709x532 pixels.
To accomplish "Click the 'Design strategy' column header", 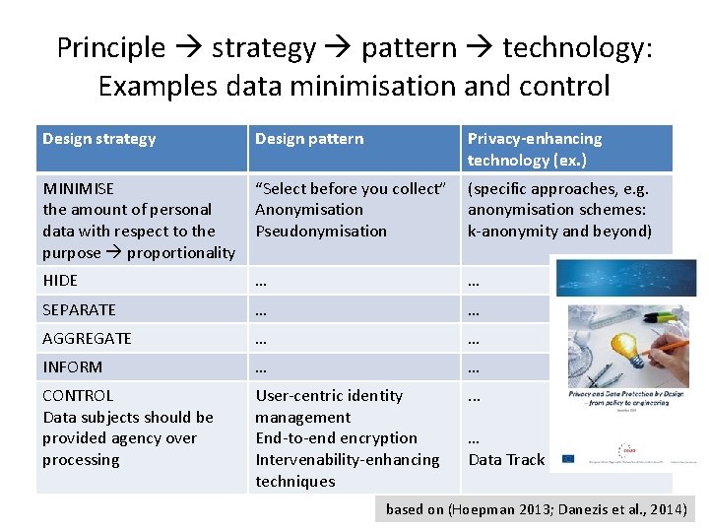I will point(98,139).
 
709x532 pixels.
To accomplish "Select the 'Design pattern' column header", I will point(309,139).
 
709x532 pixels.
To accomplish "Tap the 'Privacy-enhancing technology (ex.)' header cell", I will point(535,149).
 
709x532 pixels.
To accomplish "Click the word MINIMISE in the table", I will point(78,188).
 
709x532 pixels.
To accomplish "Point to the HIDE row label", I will point(60,280).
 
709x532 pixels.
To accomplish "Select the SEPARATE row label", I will point(79,309).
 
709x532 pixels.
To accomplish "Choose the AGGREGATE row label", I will point(87,338).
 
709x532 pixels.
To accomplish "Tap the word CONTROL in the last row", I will point(78,395).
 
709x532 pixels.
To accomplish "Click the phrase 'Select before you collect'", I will point(351,188).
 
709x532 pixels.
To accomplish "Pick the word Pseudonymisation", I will point(321,231).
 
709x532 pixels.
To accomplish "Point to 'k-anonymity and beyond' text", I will point(559,231).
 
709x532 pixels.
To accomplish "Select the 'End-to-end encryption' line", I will point(336,437).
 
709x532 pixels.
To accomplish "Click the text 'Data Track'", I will point(506,459).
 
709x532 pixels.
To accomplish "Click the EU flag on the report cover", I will point(568,458).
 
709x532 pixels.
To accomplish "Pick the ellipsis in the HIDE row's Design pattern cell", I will point(261,280).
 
